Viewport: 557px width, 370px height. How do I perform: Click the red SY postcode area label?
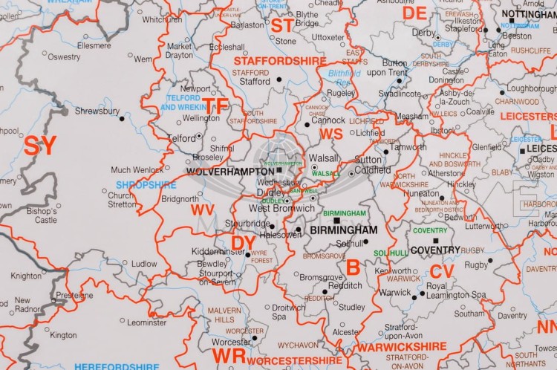[x=40, y=146]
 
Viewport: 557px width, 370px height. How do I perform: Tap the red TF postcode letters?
[x=216, y=106]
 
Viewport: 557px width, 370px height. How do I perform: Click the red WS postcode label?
[x=330, y=133]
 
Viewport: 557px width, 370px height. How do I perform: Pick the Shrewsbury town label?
[x=97, y=111]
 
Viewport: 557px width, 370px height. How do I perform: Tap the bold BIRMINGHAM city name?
[x=344, y=231]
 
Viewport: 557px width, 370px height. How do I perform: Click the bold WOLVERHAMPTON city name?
[x=230, y=171]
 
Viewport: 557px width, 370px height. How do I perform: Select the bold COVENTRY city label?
[x=435, y=250]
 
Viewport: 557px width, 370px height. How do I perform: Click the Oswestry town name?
[x=65, y=56]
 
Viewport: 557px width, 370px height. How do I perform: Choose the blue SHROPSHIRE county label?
[x=146, y=185]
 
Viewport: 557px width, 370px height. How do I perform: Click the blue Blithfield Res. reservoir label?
[x=343, y=78]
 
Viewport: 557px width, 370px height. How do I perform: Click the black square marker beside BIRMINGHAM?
[x=336, y=221]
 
